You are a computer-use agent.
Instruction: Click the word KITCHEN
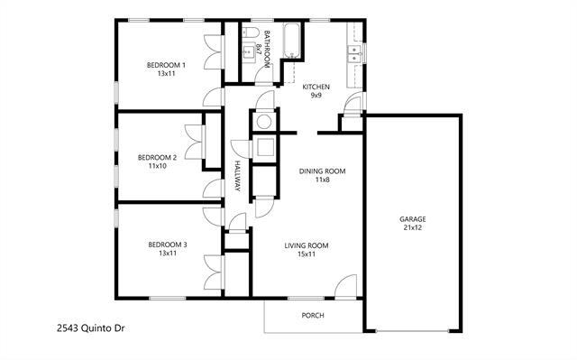316,87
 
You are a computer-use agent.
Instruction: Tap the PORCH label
312,316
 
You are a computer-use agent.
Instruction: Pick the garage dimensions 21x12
413,228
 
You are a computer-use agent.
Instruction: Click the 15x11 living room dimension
307,254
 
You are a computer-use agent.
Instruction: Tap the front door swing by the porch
345,288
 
